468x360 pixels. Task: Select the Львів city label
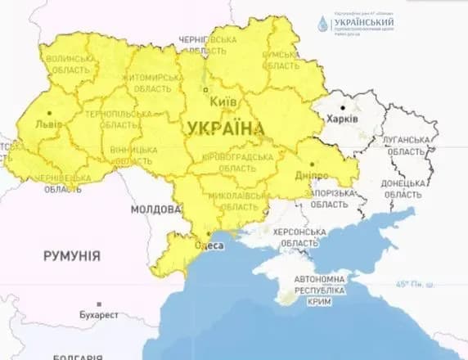click(x=48, y=125)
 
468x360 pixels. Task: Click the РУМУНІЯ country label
click(x=72, y=256)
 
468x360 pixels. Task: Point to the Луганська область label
click(x=407, y=146)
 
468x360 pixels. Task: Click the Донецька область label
click(x=403, y=189)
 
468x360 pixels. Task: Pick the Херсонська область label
click(x=299, y=238)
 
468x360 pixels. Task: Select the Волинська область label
click(x=70, y=66)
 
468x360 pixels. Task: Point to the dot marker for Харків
click(x=354, y=106)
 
